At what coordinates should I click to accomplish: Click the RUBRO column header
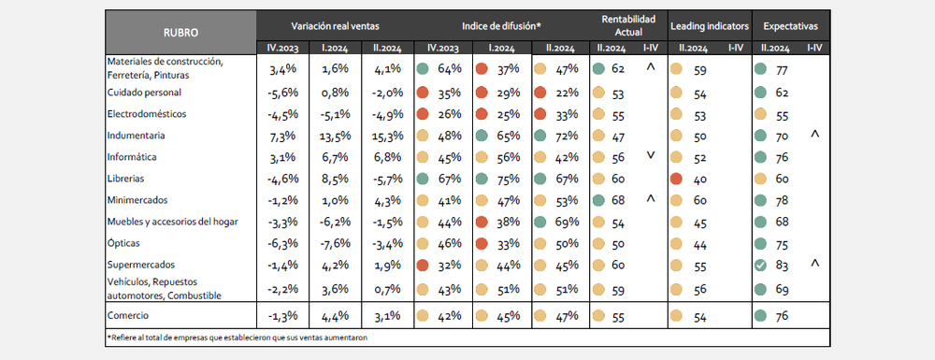pyautogui.click(x=180, y=34)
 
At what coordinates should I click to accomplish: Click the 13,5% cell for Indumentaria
pyautogui.click(x=335, y=136)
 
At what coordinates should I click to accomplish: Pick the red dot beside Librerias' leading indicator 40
pyautogui.click(x=677, y=179)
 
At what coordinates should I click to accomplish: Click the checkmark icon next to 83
pyautogui.click(x=760, y=266)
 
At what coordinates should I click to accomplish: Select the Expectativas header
pyautogui.click(x=790, y=26)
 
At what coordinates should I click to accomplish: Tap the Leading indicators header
pyautogui.click(x=710, y=26)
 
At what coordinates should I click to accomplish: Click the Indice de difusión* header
pyautogui.click(x=501, y=26)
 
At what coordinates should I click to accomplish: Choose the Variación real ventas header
pyautogui.click(x=335, y=26)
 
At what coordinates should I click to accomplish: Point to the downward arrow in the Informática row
pyautogui.click(x=651, y=155)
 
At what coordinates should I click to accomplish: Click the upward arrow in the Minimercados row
pyautogui.click(x=651, y=198)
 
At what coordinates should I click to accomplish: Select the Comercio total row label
pyautogui.click(x=127, y=315)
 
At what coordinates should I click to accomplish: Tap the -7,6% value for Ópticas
pyautogui.click(x=335, y=244)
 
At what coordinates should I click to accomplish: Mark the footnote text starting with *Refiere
pyautogui.click(x=237, y=338)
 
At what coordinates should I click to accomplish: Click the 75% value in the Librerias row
pyautogui.click(x=508, y=179)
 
